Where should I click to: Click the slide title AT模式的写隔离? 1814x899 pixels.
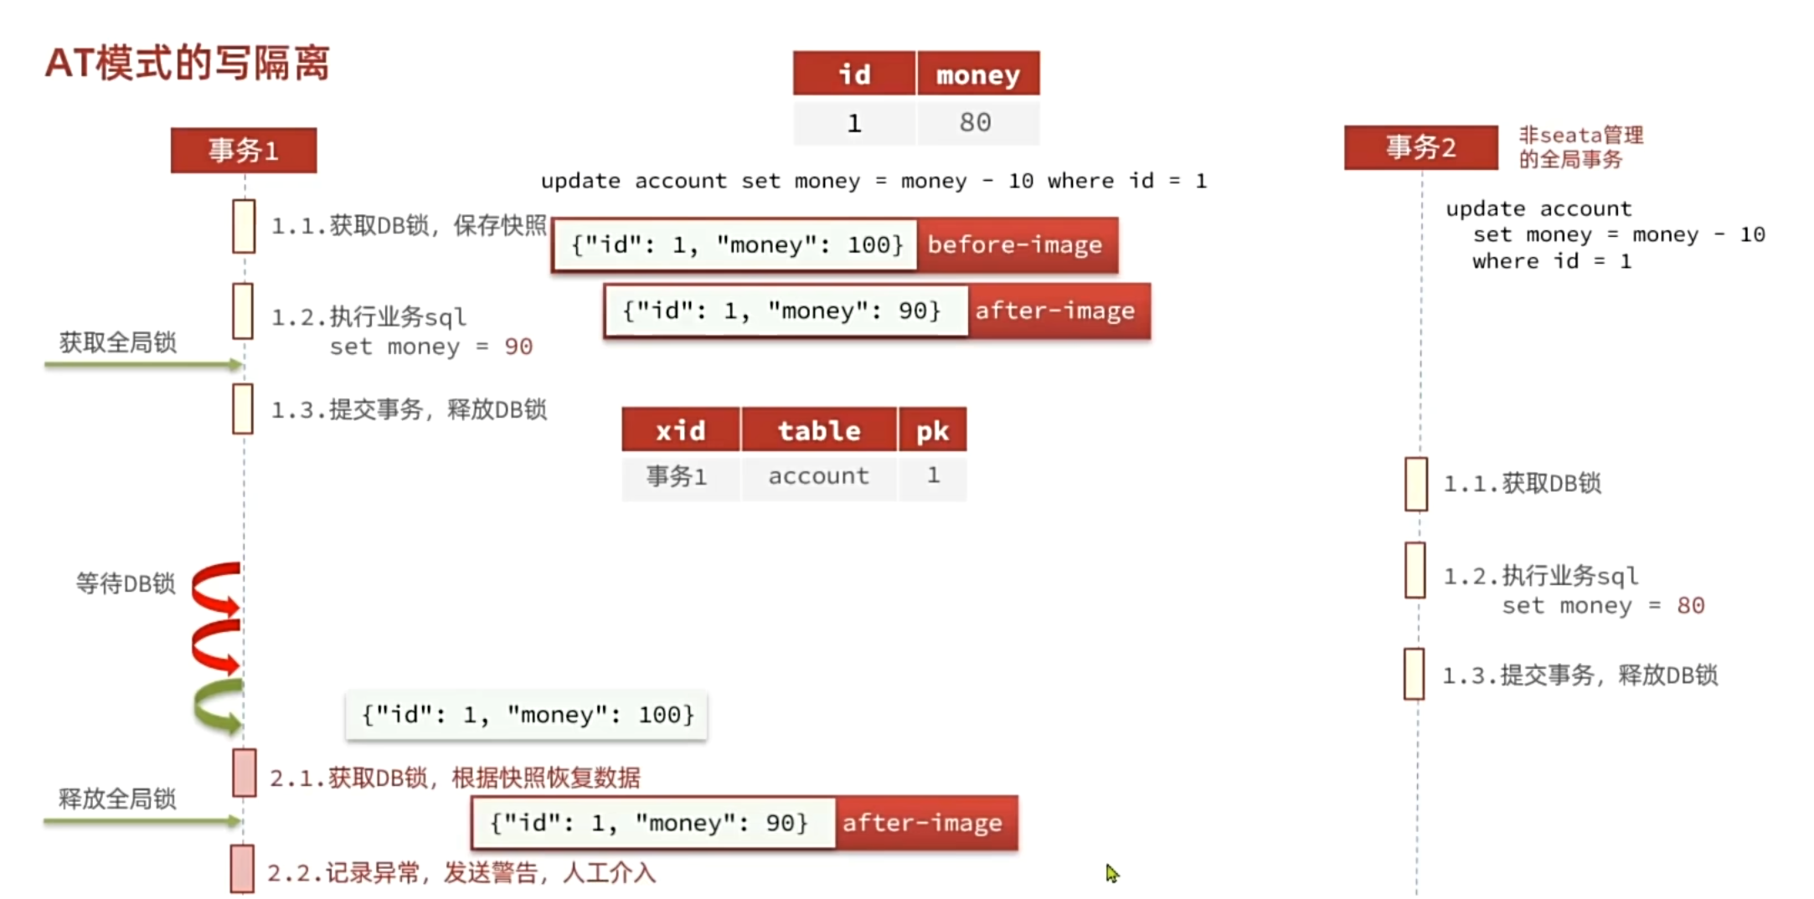click(187, 63)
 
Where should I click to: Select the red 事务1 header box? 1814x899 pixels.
click(244, 151)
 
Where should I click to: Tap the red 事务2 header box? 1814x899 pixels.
click(1420, 147)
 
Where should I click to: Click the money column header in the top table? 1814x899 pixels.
click(978, 74)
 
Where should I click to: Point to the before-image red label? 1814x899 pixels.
click(1017, 244)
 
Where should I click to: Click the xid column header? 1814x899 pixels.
click(681, 429)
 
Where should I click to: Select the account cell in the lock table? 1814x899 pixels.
click(819, 476)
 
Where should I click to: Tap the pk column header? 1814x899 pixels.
click(932, 429)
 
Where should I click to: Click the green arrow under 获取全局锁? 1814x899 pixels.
click(143, 364)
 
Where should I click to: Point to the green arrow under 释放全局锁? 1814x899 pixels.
click(142, 821)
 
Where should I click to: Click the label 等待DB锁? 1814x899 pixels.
click(126, 583)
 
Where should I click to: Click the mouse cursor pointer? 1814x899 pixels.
click(1112, 874)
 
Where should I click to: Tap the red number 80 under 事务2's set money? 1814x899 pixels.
click(1690, 605)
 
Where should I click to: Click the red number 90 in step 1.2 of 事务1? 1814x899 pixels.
click(518, 347)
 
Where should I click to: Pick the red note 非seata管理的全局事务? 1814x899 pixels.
click(1580, 147)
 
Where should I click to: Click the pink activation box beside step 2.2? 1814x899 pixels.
click(242, 869)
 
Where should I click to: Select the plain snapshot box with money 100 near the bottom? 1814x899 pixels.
click(527, 715)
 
